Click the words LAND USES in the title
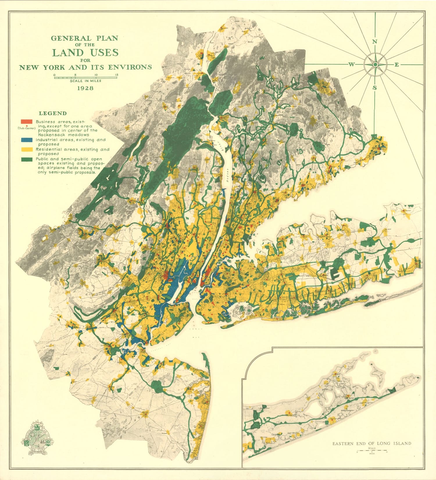pos(85,53)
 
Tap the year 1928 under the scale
pos(85,88)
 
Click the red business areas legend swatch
pos(26,121)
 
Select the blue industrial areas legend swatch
pos(26,140)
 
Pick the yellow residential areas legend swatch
pos(26,149)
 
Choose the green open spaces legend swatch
pos(26,159)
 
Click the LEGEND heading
pos(53,113)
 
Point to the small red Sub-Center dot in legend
pos(27,125)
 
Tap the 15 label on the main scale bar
pos(117,75)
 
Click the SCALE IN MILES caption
pos(85,81)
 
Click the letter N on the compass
pos(375,42)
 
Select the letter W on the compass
pos(351,65)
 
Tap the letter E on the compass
pos(396,65)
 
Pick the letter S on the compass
pos(375,88)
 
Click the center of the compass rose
pos(375,64)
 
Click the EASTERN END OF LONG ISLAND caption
pos(372,444)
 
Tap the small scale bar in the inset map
pos(372,451)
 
